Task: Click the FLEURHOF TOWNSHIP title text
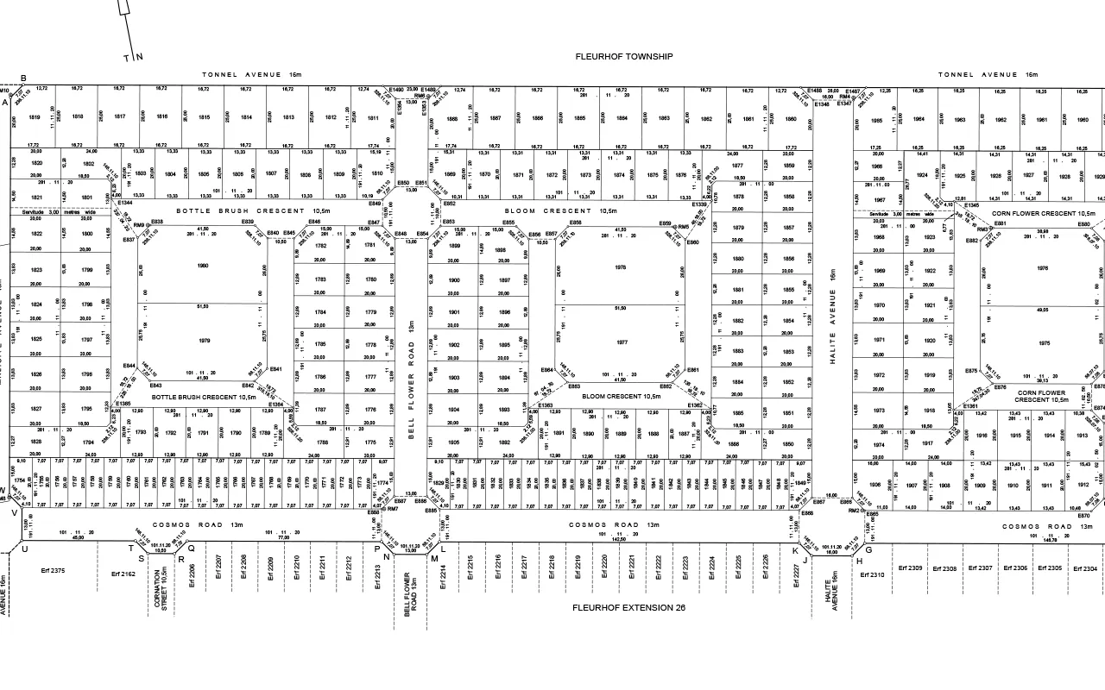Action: [624, 57]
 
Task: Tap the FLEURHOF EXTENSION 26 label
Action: [628, 608]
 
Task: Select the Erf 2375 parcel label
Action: [53, 571]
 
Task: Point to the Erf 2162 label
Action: [123, 574]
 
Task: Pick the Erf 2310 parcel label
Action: [872, 574]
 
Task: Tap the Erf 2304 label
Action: [1084, 568]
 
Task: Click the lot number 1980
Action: [203, 266]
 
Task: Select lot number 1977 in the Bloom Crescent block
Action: [621, 342]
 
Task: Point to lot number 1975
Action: [1044, 343]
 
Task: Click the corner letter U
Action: [24, 549]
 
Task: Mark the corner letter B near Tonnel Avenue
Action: [23, 78]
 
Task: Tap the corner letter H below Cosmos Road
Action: [860, 561]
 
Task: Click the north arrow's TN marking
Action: [133, 58]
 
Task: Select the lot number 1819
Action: [35, 117]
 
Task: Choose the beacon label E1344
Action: [125, 204]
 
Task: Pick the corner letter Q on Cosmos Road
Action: [192, 547]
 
